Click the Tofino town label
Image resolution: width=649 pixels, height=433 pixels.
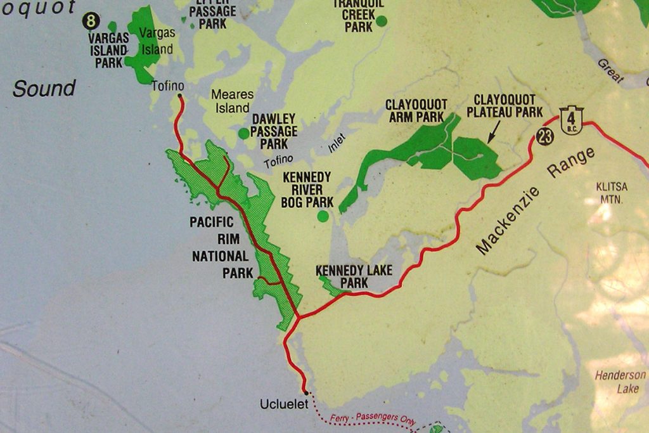pyautogui.click(x=168, y=86)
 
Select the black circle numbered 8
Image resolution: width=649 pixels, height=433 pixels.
pyautogui.click(x=91, y=22)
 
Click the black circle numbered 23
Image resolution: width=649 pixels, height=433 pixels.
pyautogui.click(x=544, y=136)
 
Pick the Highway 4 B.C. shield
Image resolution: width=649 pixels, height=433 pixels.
pyautogui.click(x=571, y=120)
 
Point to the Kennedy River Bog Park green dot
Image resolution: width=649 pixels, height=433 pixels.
pyautogui.click(x=323, y=216)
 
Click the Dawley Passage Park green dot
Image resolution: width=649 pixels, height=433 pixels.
pyautogui.click(x=243, y=133)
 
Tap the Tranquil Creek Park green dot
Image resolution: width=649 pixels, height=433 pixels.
pyautogui.click(x=381, y=21)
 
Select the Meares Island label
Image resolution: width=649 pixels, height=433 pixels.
pyautogui.click(x=232, y=101)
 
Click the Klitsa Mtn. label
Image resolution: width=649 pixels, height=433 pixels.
pyautogui.click(x=612, y=193)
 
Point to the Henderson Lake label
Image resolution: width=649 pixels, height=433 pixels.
pyautogui.click(x=620, y=382)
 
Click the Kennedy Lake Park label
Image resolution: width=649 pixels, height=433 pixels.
pyautogui.click(x=354, y=276)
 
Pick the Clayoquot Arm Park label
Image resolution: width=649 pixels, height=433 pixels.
pyautogui.click(x=416, y=110)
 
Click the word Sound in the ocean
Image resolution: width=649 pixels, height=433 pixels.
pyautogui.click(x=44, y=89)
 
